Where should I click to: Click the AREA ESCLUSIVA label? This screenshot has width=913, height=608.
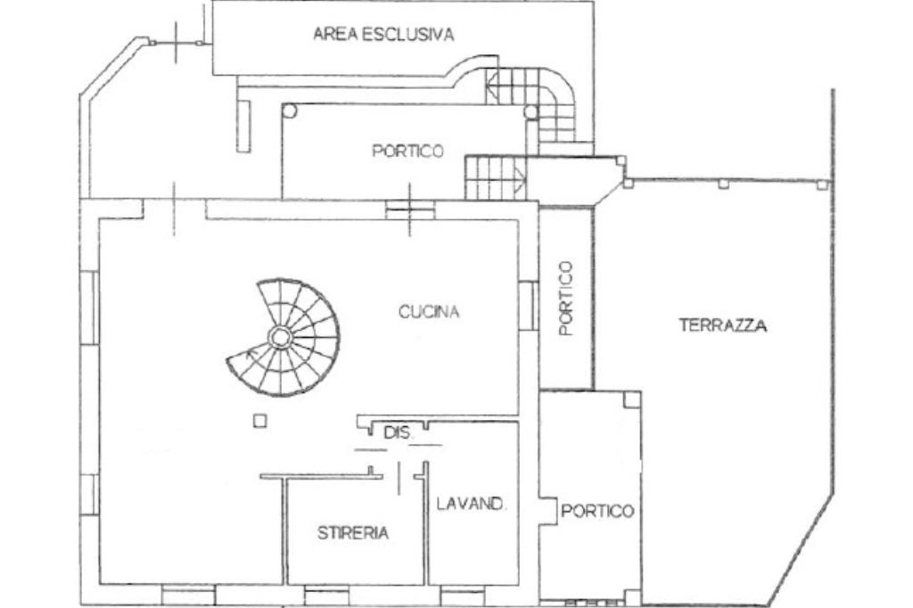click(383, 34)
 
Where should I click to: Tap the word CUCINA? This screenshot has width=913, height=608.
click(429, 311)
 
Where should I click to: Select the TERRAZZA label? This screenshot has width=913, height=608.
click(722, 325)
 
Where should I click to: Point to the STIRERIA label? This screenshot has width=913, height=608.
click(353, 532)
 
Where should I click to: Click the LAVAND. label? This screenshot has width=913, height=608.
click(471, 504)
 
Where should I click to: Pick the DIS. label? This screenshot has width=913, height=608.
click(399, 432)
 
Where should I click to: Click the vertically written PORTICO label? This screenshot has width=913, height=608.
click(566, 298)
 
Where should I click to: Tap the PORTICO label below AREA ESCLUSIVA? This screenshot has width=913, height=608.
click(407, 151)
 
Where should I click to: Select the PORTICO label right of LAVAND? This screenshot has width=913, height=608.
click(596, 511)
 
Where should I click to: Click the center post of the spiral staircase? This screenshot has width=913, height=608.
click(279, 337)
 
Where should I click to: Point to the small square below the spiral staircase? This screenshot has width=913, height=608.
click(260, 421)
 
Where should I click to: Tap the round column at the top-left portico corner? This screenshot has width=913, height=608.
click(290, 111)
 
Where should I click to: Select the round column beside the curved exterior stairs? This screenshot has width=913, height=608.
click(531, 112)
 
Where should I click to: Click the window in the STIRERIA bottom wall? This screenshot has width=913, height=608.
click(327, 596)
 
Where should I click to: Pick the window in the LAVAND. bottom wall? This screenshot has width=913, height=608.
click(463, 596)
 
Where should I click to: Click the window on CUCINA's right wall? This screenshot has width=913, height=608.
click(528, 305)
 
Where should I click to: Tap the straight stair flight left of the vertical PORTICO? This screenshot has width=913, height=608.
click(494, 178)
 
